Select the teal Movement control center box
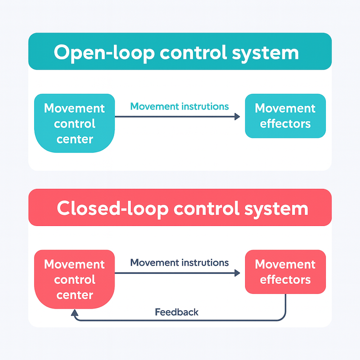75,123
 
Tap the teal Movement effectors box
285,116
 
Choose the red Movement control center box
75,279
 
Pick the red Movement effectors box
285,272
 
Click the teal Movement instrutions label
179,107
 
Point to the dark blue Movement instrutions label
179,262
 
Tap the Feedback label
176,311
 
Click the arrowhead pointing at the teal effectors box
237,117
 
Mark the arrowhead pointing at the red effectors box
237,273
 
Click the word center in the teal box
75,139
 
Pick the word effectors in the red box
285,279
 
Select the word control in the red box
75,279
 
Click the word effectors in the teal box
285,123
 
